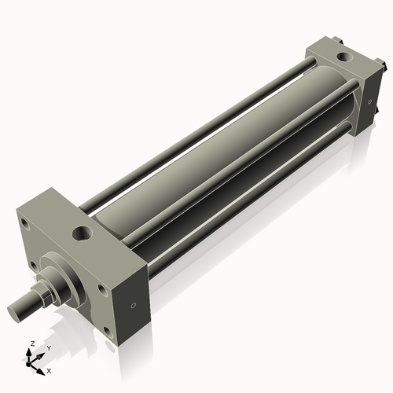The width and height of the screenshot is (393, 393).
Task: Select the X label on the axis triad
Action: [49, 369]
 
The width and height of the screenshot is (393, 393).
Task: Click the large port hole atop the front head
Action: [82, 233]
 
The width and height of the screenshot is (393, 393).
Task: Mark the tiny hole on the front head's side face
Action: [134, 304]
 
